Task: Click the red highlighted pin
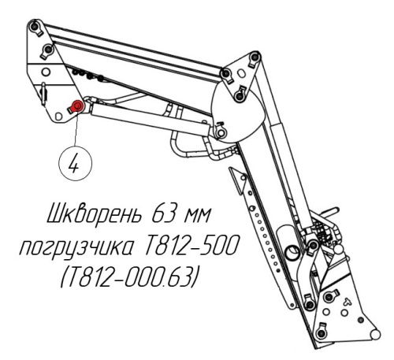point(77,106)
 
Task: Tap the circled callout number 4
point(76,164)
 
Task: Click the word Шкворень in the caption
point(94,215)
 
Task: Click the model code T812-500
point(192,245)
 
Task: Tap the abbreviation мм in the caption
point(197,215)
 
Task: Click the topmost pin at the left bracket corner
point(34,26)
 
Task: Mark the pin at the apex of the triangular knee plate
point(254,57)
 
